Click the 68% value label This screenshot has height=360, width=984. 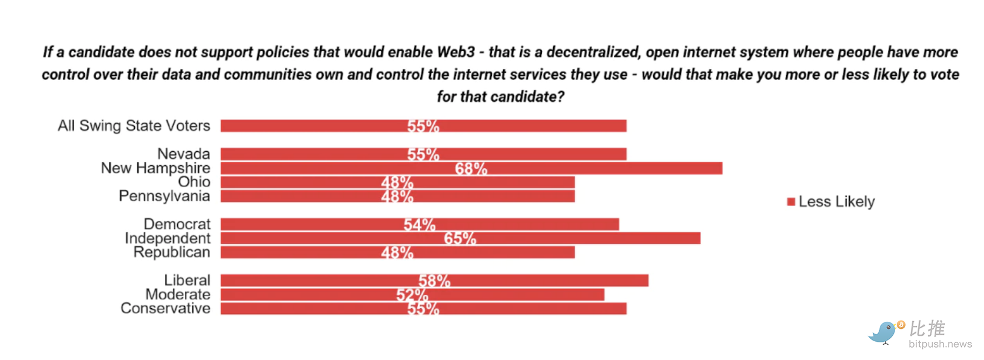pyautogui.click(x=471, y=169)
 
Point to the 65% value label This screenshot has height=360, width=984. pyautogui.click(x=460, y=238)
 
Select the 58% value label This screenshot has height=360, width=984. pyautogui.click(x=434, y=281)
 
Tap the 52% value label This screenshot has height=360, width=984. pyautogui.click(x=412, y=295)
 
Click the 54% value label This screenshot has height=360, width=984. pyautogui.click(x=420, y=225)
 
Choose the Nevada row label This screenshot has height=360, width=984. pyautogui.click(x=184, y=154)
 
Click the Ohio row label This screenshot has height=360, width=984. pyautogui.click(x=194, y=182)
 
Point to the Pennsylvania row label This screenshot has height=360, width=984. pyautogui.click(x=164, y=196)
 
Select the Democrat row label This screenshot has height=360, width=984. pyautogui.click(x=177, y=224)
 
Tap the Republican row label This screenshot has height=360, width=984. pyautogui.click(x=171, y=252)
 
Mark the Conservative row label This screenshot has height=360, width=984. pyautogui.click(x=165, y=308)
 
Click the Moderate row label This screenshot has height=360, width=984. pyautogui.click(x=178, y=294)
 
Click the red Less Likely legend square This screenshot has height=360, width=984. pyautogui.click(x=791, y=202)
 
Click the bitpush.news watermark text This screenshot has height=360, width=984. pyautogui.click(x=940, y=344)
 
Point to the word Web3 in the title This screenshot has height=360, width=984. pyautogui.click(x=456, y=52)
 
